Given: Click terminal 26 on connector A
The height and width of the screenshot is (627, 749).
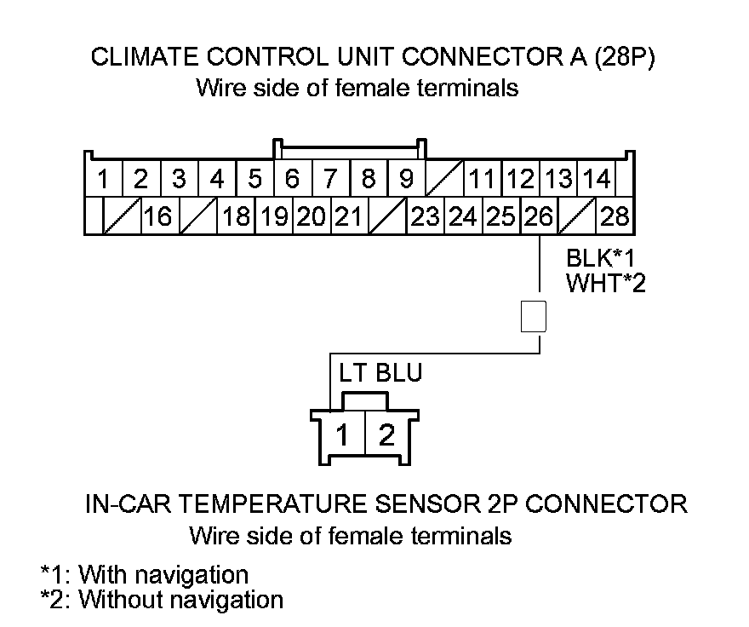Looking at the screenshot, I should click(x=538, y=217).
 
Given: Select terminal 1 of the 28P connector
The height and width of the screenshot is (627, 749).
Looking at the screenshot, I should click(x=103, y=180).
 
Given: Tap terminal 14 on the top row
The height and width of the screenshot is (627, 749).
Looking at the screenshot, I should click(x=597, y=180).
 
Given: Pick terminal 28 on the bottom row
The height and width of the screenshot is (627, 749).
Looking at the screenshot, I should click(x=615, y=217).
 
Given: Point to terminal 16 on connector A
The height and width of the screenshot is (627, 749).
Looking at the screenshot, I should click(x=157, y=217).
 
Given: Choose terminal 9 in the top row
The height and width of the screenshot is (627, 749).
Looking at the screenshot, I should click(x=406, y=180).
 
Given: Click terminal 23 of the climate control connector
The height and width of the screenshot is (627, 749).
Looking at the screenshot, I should click(x=425, y=217).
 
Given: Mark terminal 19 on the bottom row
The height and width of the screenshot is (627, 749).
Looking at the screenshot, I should click(x=273, y=217).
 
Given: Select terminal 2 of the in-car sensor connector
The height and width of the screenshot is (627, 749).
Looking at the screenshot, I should click(x=386, y=436).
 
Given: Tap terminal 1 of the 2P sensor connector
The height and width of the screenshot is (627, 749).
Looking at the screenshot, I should click(x=341, y=436).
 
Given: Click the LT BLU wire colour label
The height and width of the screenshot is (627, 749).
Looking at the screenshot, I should click(x=380, y=373).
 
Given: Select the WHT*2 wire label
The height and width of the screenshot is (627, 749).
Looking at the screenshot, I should click(x=605, y=283).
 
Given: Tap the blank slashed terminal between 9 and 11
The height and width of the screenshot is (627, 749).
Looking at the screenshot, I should click(x=444, y=180).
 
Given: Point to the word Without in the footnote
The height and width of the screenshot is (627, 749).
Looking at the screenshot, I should click(x=127, y=599).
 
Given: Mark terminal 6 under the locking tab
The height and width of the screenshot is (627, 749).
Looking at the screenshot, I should click(x=292, y=180).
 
